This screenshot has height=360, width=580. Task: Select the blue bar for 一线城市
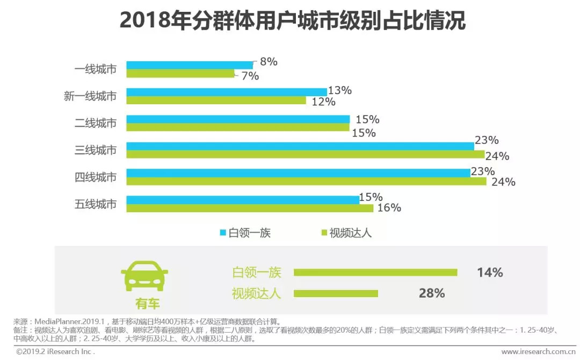pyautogui.click(x=189, y=65)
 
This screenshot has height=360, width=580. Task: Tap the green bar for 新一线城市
pyautogui.click(x=216, y=100)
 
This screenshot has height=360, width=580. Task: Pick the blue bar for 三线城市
pyautogui.click(x=300, y=146)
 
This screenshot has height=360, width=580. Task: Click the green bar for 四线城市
pyautogui.click(x=306, y=181)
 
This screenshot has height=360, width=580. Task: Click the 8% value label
pyautogui.click(x=269, y=62)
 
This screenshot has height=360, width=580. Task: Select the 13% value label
pyautogui.click(x=339, y=90)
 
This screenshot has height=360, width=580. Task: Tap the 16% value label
pyautogui.click(x=389, y=208)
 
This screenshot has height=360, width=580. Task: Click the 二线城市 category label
pyautogui.click(x=96, y=123)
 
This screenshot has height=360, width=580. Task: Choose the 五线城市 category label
pyautogui.click(x=96, y=204)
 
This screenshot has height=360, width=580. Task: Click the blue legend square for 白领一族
pyautogui.click(x=223, y=233)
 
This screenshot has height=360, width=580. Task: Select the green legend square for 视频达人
pyautogui.click(x=323, y=233)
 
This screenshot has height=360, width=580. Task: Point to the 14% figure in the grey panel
pyautogui.click(x=490, y=272)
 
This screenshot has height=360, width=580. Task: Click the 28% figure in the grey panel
pyautogui.click(x=432, y=293)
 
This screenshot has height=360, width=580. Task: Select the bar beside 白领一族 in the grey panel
pyautogui.click(x=375, y=272)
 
